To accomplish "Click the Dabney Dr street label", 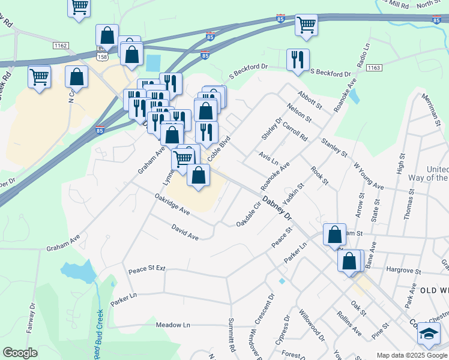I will click(x=276, y=207).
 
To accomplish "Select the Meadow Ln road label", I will click(x=173, y=325).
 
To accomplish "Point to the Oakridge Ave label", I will click(x=172, y=203).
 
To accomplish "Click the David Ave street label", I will click(x=184, y=232).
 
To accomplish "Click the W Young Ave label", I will click(x=368, y=175).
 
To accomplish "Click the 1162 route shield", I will click(x=60, y=45).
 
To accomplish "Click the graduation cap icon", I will click(x=429, y=334).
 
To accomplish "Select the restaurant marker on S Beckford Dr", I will click(x=298, y=60).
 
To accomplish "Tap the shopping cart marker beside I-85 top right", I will click(x=306, y=25).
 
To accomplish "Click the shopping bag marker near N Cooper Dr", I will click(x=76, y=77).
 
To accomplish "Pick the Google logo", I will click(x=20, y=353).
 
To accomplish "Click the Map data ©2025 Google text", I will click(x=412, y=355).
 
